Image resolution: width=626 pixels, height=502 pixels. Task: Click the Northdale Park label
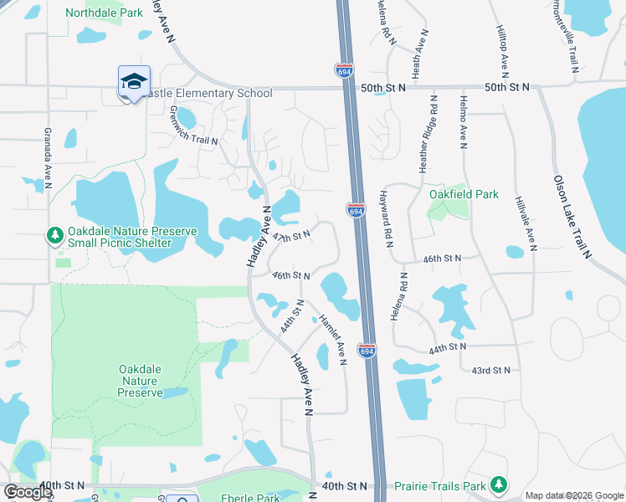(105, 13)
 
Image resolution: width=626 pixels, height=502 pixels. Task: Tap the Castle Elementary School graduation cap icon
(134, 82)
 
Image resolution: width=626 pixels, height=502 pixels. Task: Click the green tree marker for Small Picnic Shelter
(55, 237)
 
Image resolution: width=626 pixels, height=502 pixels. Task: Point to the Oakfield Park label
(464, 194)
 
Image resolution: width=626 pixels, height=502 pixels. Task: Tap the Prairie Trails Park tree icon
(499, 484)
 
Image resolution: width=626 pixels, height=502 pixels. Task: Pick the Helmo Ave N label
(463, 122)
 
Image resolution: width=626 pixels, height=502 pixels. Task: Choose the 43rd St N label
(490, 370)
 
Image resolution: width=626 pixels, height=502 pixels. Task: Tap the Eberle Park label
(249, 497)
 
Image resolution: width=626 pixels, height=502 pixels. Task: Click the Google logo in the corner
(27, 493)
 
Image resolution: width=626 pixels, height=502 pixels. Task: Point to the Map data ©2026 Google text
(574, 495)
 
